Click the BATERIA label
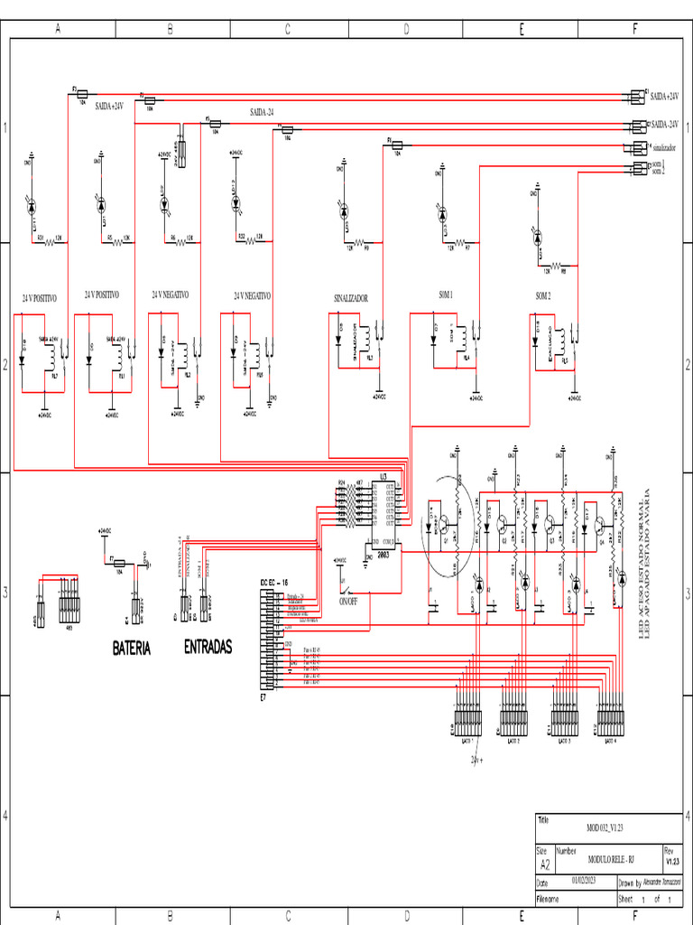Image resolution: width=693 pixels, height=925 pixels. click(132, 649)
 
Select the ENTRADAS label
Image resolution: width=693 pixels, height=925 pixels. click(208, 647)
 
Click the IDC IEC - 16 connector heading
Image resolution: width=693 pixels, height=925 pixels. click(274, 583)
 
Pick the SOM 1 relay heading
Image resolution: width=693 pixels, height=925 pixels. click(446, 295)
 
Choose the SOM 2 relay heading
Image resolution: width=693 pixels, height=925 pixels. click(542, 295)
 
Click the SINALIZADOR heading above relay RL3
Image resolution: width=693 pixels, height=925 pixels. click(352, 297)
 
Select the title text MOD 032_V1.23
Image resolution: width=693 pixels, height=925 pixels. click(605, 827)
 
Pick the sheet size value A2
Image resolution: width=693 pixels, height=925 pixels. click(544, 864)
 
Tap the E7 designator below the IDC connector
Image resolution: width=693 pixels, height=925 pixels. click(263, 698)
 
